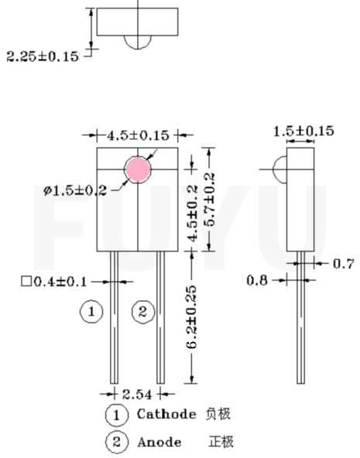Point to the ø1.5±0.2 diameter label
(74, 190)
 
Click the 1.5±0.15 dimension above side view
(303, 131)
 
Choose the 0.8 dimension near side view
(257, 279)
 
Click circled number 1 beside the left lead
(91, 312)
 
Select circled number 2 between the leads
(142, 312)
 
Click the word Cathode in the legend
(166, 415)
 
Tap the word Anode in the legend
(159, 442)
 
